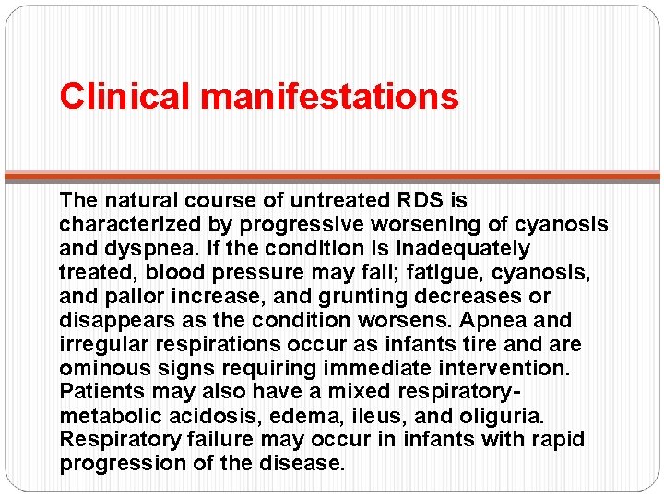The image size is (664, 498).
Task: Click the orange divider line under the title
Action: [x=332, y=174]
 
